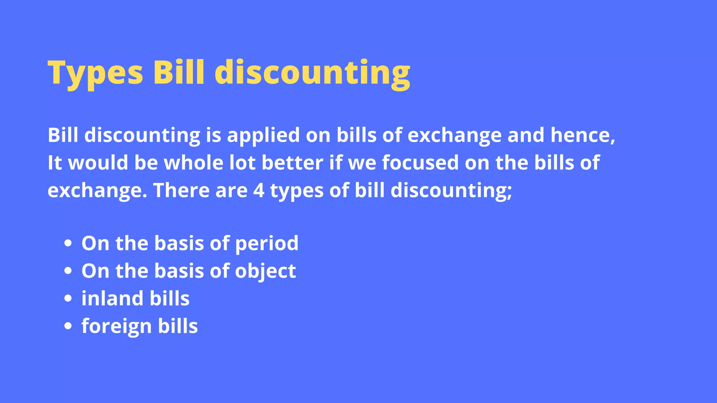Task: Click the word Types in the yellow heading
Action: pos(95,73)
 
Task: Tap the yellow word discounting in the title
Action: pos(312,73)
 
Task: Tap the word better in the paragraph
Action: pos(292,163)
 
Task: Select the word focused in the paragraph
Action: pos(420,163)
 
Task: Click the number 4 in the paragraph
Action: pos(259,191)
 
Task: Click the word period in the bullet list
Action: pos(267,244)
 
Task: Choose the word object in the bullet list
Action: pos(265,271)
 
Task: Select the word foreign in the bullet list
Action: pos(117,327)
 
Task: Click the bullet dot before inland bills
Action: pos(68,299)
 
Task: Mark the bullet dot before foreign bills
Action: pos(68,326)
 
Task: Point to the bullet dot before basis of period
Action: pos(68,243)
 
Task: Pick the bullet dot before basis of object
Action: pos(68,271)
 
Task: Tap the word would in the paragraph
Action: pos(98,163)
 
